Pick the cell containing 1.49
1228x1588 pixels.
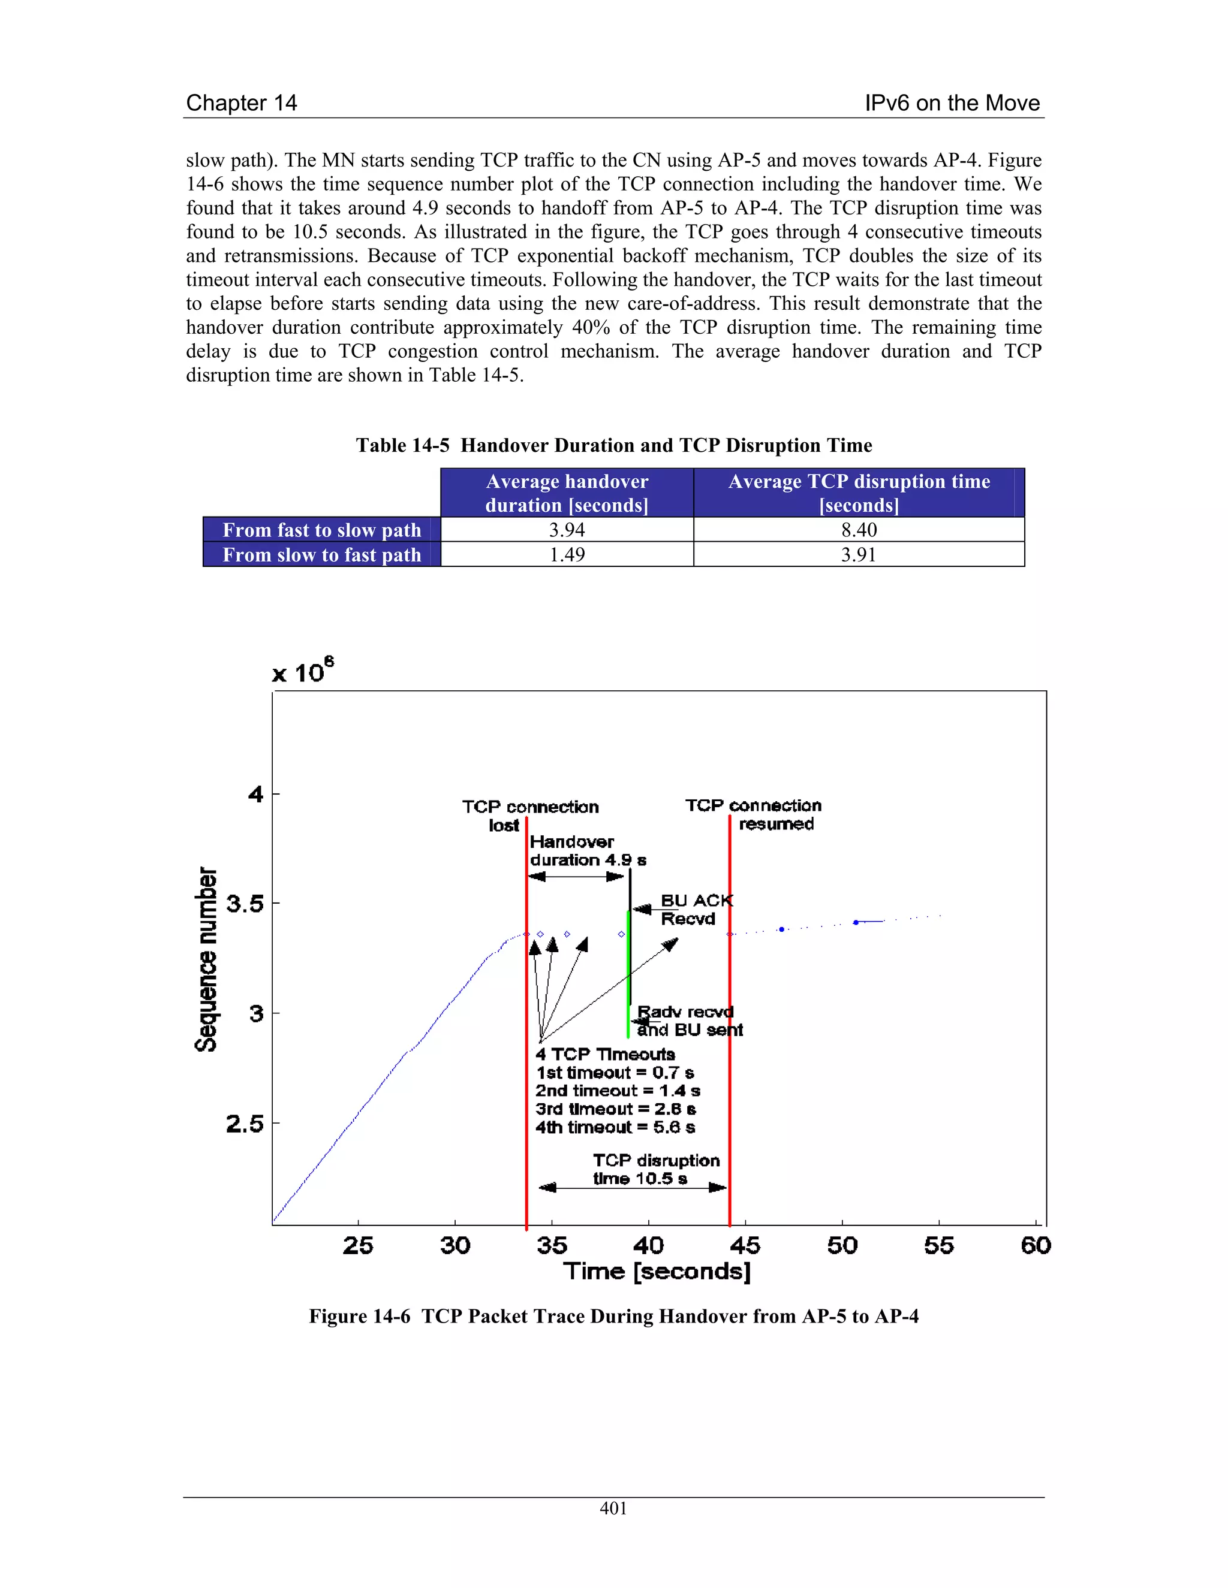click(567, 555)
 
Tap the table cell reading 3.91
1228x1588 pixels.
click(859, 555)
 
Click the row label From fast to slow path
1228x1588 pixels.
click(321, 530)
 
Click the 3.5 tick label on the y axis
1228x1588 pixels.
click(245, 904)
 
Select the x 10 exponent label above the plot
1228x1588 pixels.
click(302, 671)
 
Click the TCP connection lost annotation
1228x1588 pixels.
click(529, 815)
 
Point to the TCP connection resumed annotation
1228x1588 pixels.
click(754, 814)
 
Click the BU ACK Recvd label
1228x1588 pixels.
click(696, 910)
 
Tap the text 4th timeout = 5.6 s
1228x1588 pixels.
click(615, 1127)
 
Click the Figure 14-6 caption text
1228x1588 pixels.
click(613, 1316)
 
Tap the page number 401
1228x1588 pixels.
click(613, 1508)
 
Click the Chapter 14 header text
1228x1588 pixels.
click(242, 102)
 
